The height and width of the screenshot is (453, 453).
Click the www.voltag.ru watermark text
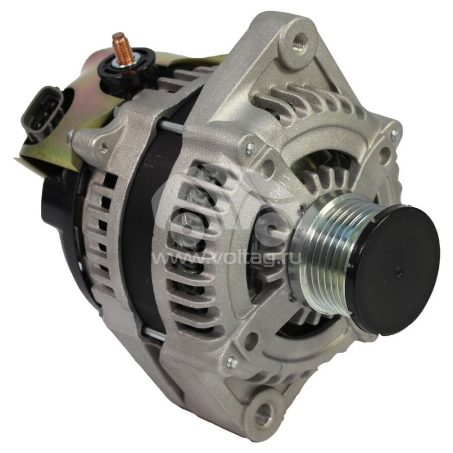[x=226, y=259]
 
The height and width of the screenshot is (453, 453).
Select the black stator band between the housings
[x=142, y=226]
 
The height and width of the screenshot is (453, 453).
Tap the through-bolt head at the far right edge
[x=395, y=134]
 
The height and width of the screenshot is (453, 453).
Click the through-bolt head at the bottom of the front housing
[x=231, y=362]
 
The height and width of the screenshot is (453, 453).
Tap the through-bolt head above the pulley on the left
[x=250, y=149]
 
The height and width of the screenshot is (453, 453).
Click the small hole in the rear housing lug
[x=104, y=148]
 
